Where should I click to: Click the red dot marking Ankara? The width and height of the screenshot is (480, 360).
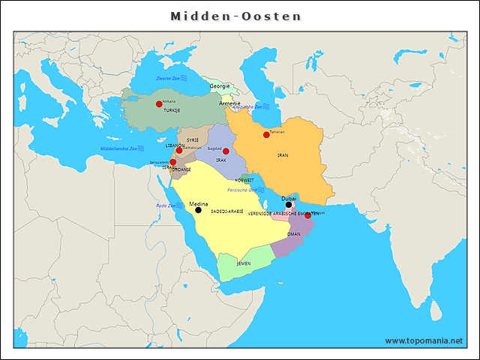pos(159,104)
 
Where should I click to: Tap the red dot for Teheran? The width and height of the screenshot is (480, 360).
pos(266,135)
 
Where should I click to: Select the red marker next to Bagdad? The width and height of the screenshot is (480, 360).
pos(226,151)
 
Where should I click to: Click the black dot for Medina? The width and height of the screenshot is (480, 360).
pos(198,211)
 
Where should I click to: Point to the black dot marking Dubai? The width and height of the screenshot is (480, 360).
pos(289,205)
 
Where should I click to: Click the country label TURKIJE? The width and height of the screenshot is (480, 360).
pos(172,110)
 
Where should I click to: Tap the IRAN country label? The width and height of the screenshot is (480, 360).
pos(283,155)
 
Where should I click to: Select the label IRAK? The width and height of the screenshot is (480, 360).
pos(221,160)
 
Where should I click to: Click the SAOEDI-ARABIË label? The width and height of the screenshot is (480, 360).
pos(227,213)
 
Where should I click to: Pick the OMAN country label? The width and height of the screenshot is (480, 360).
pos(294,234)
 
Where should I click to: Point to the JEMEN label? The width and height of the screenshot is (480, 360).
pos(244,263)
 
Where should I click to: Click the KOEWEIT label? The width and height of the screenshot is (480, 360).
pos(245,181)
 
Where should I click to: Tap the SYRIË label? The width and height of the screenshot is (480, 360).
pos(193,140)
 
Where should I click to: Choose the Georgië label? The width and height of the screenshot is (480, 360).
pos(220,86)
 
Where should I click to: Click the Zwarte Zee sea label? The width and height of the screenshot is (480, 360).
pos(168,78)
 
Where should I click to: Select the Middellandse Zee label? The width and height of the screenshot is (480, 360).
pos(118,148)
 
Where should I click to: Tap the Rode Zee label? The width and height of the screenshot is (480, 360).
pos(166,205)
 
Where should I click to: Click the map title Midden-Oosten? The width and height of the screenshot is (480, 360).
pos(235,16)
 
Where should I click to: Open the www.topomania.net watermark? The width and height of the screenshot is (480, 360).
pos(424,341)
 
